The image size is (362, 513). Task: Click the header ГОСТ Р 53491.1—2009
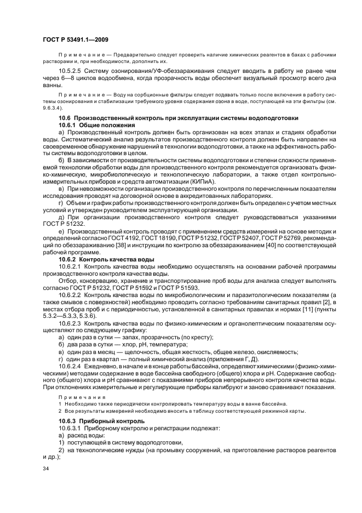72,38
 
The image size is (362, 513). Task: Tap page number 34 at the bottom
46,469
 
